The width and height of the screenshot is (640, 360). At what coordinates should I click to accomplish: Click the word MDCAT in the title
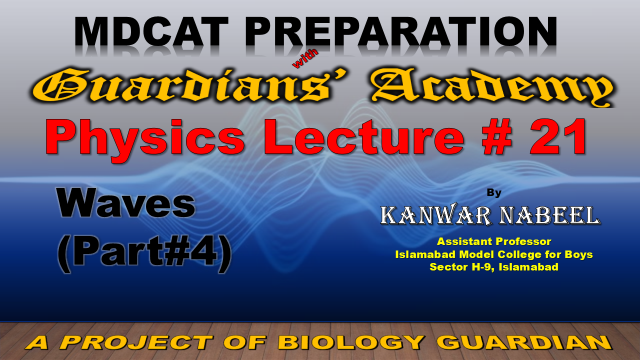click(151, 32)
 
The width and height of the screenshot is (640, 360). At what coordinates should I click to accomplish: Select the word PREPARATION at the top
click(402, 32)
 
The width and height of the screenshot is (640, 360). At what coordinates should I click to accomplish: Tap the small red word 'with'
click(305, 58)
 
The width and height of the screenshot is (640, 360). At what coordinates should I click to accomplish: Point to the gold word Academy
click(492, 87)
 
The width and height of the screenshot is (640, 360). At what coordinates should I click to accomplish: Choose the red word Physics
click(145, 137)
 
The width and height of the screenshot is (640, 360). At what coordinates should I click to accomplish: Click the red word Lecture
click(364, 136)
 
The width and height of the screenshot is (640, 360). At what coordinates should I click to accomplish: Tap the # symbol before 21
click(497, 136)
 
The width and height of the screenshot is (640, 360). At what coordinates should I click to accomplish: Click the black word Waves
click(126, 203)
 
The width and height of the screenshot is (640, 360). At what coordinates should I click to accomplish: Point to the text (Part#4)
click(144, 253)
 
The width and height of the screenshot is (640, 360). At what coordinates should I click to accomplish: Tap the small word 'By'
click(494, 193)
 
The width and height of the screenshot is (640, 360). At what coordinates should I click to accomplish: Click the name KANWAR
click(436, 215)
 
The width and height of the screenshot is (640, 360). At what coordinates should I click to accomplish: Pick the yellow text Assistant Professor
click(494, 241)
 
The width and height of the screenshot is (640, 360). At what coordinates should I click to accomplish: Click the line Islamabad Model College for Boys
click(494, 254)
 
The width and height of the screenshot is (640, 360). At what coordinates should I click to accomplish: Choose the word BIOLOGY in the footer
click(351, 342)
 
